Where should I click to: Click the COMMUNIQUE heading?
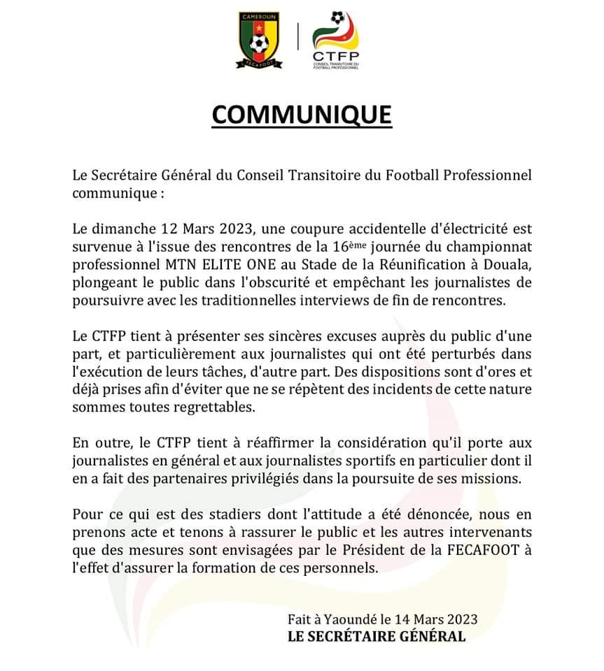tap(302, 114)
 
